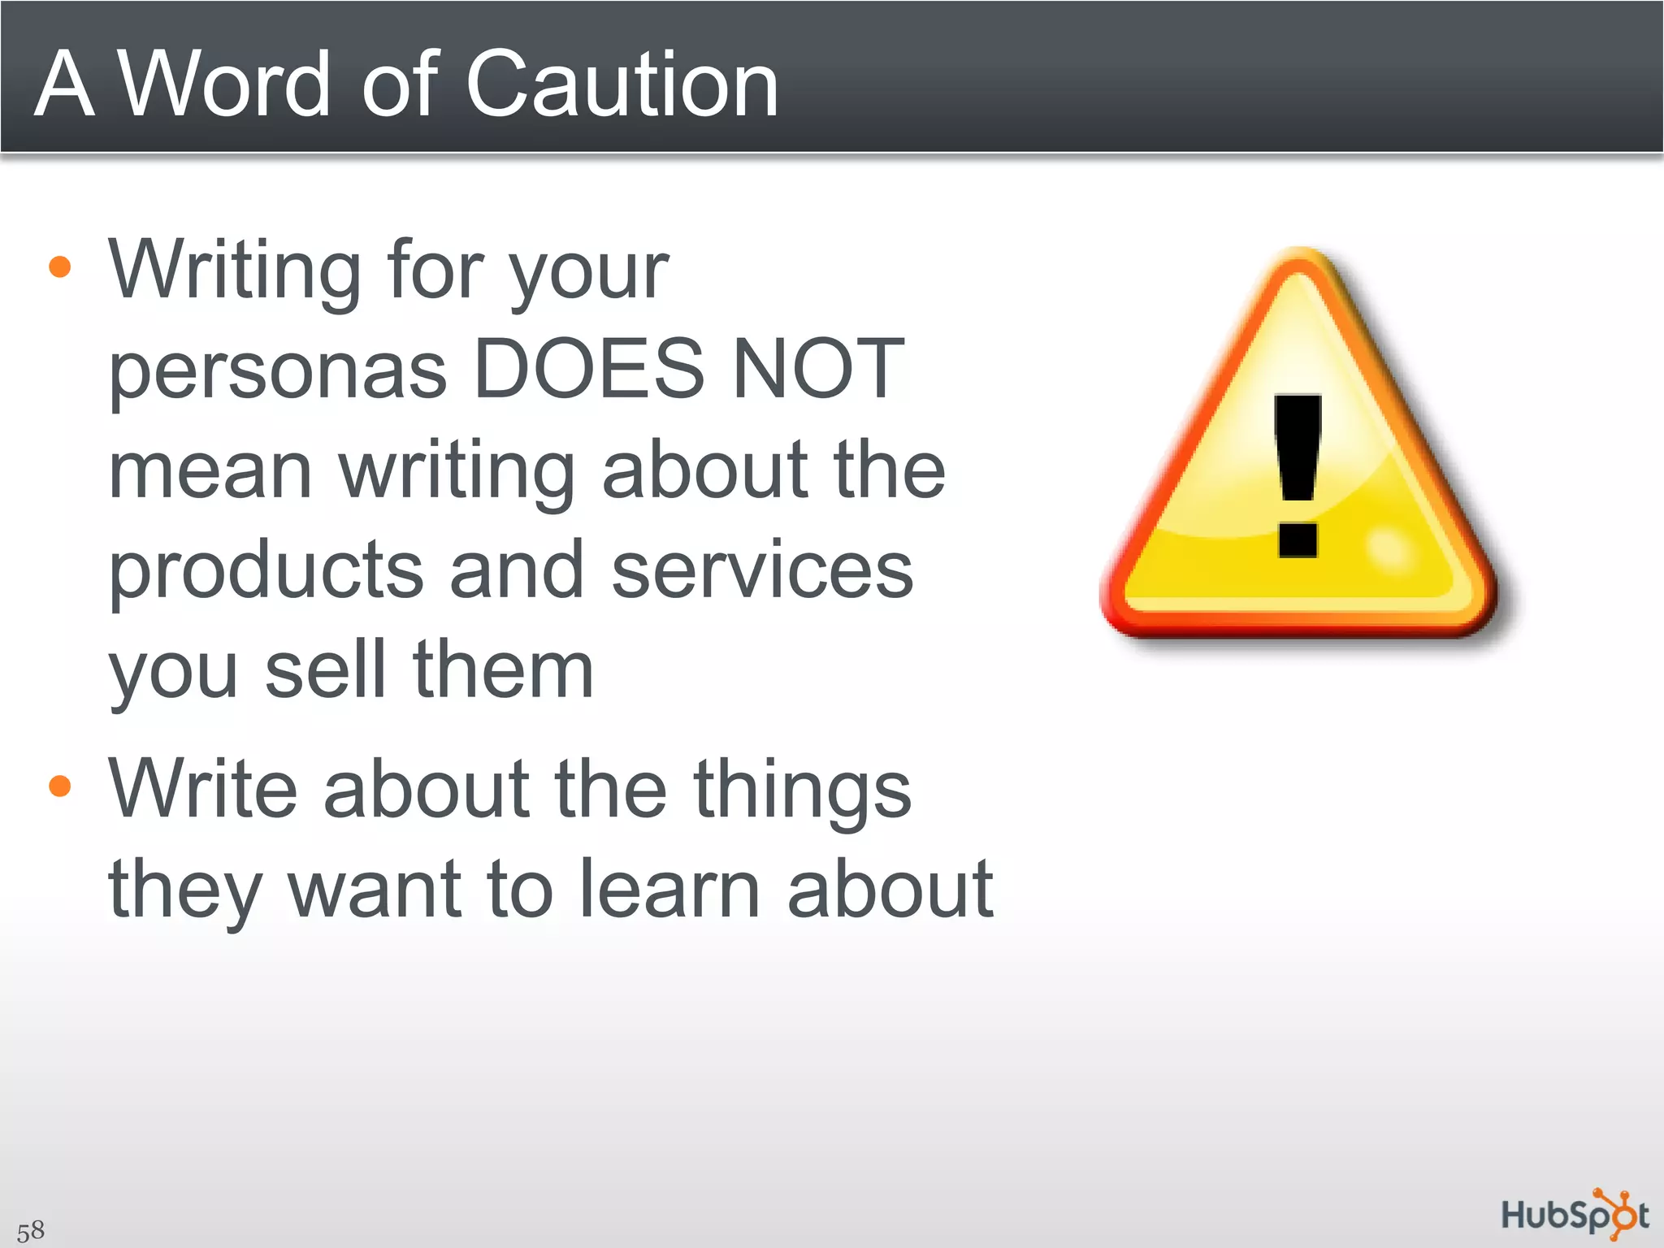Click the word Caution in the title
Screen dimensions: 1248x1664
click(x=622, y=84)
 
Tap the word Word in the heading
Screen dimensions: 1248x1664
click(x=224, y=84)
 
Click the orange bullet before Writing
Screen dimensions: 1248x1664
click(x=60, y=267)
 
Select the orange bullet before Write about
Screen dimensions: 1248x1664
click(x=60, y=786)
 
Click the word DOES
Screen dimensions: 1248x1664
click(x=588, y=370)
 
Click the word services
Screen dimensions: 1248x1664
click(x=762, y=571)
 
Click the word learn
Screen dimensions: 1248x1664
click(x=671, y=889)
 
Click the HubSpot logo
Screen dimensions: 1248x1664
click(x=1575, y=1215)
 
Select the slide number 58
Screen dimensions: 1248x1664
click(x=31, y=1230)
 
